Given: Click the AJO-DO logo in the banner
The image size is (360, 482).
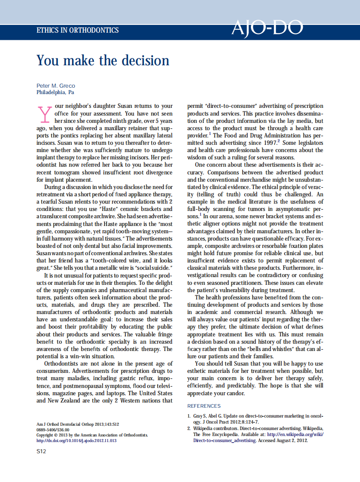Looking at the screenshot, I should tap(267, 28).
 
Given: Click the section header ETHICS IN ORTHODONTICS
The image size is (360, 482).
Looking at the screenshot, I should tap(77, 31).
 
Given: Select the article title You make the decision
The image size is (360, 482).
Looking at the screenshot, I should tap(103, 60).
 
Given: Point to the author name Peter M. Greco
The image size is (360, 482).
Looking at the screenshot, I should tap(56, 86).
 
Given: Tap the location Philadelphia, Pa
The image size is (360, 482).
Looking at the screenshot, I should tap(55, 92).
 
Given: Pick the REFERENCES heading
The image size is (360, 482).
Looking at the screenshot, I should tap(204, 406).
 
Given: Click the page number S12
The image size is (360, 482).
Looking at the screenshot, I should tap(41, 451).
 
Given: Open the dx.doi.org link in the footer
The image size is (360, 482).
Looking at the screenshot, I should tap(76, 441).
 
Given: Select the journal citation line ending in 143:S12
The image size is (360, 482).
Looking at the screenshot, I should tap(77, 424).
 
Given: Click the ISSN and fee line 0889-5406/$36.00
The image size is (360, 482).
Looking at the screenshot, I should tap(53, 430).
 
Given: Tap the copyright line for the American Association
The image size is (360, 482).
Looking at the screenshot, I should tap(92, 435).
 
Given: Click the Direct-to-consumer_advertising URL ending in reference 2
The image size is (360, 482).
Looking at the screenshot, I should tap(223, 441).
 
